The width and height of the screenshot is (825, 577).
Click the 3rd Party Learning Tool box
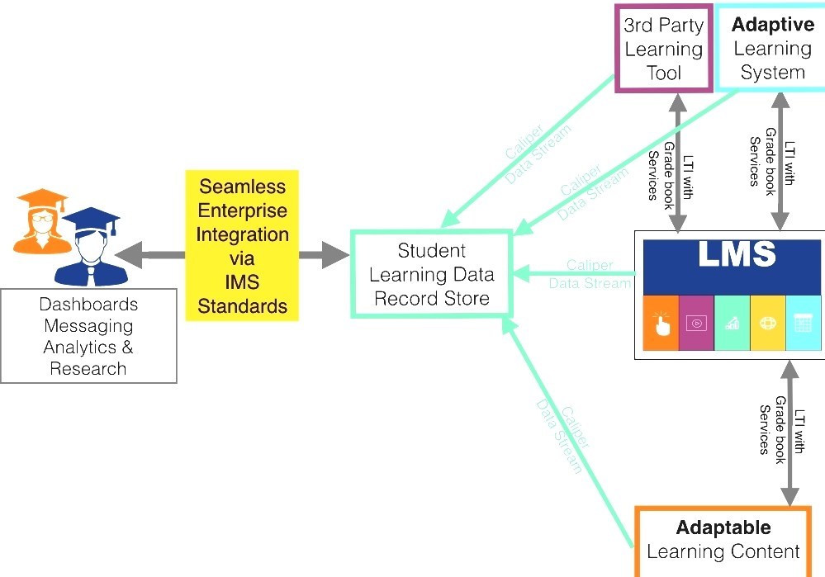[663, 49]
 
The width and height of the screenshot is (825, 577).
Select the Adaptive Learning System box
[772, 49]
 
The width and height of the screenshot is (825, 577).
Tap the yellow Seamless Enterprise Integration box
[242, 246]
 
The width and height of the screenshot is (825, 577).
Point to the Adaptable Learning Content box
[723, 540]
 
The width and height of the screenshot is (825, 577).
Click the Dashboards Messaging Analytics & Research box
[88, 336]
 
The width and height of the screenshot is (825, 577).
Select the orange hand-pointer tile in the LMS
[661, 323]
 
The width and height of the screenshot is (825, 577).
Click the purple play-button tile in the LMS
[696, 323]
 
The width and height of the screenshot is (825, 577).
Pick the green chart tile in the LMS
[732, 323]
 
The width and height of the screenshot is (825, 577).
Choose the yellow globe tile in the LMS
[767, 323]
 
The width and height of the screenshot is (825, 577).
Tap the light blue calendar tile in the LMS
[803, 323]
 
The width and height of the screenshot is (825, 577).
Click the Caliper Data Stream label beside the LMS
[590, 274]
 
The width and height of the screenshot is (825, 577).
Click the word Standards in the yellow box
[242, 306]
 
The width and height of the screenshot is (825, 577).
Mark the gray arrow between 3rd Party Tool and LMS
[679, 161]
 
